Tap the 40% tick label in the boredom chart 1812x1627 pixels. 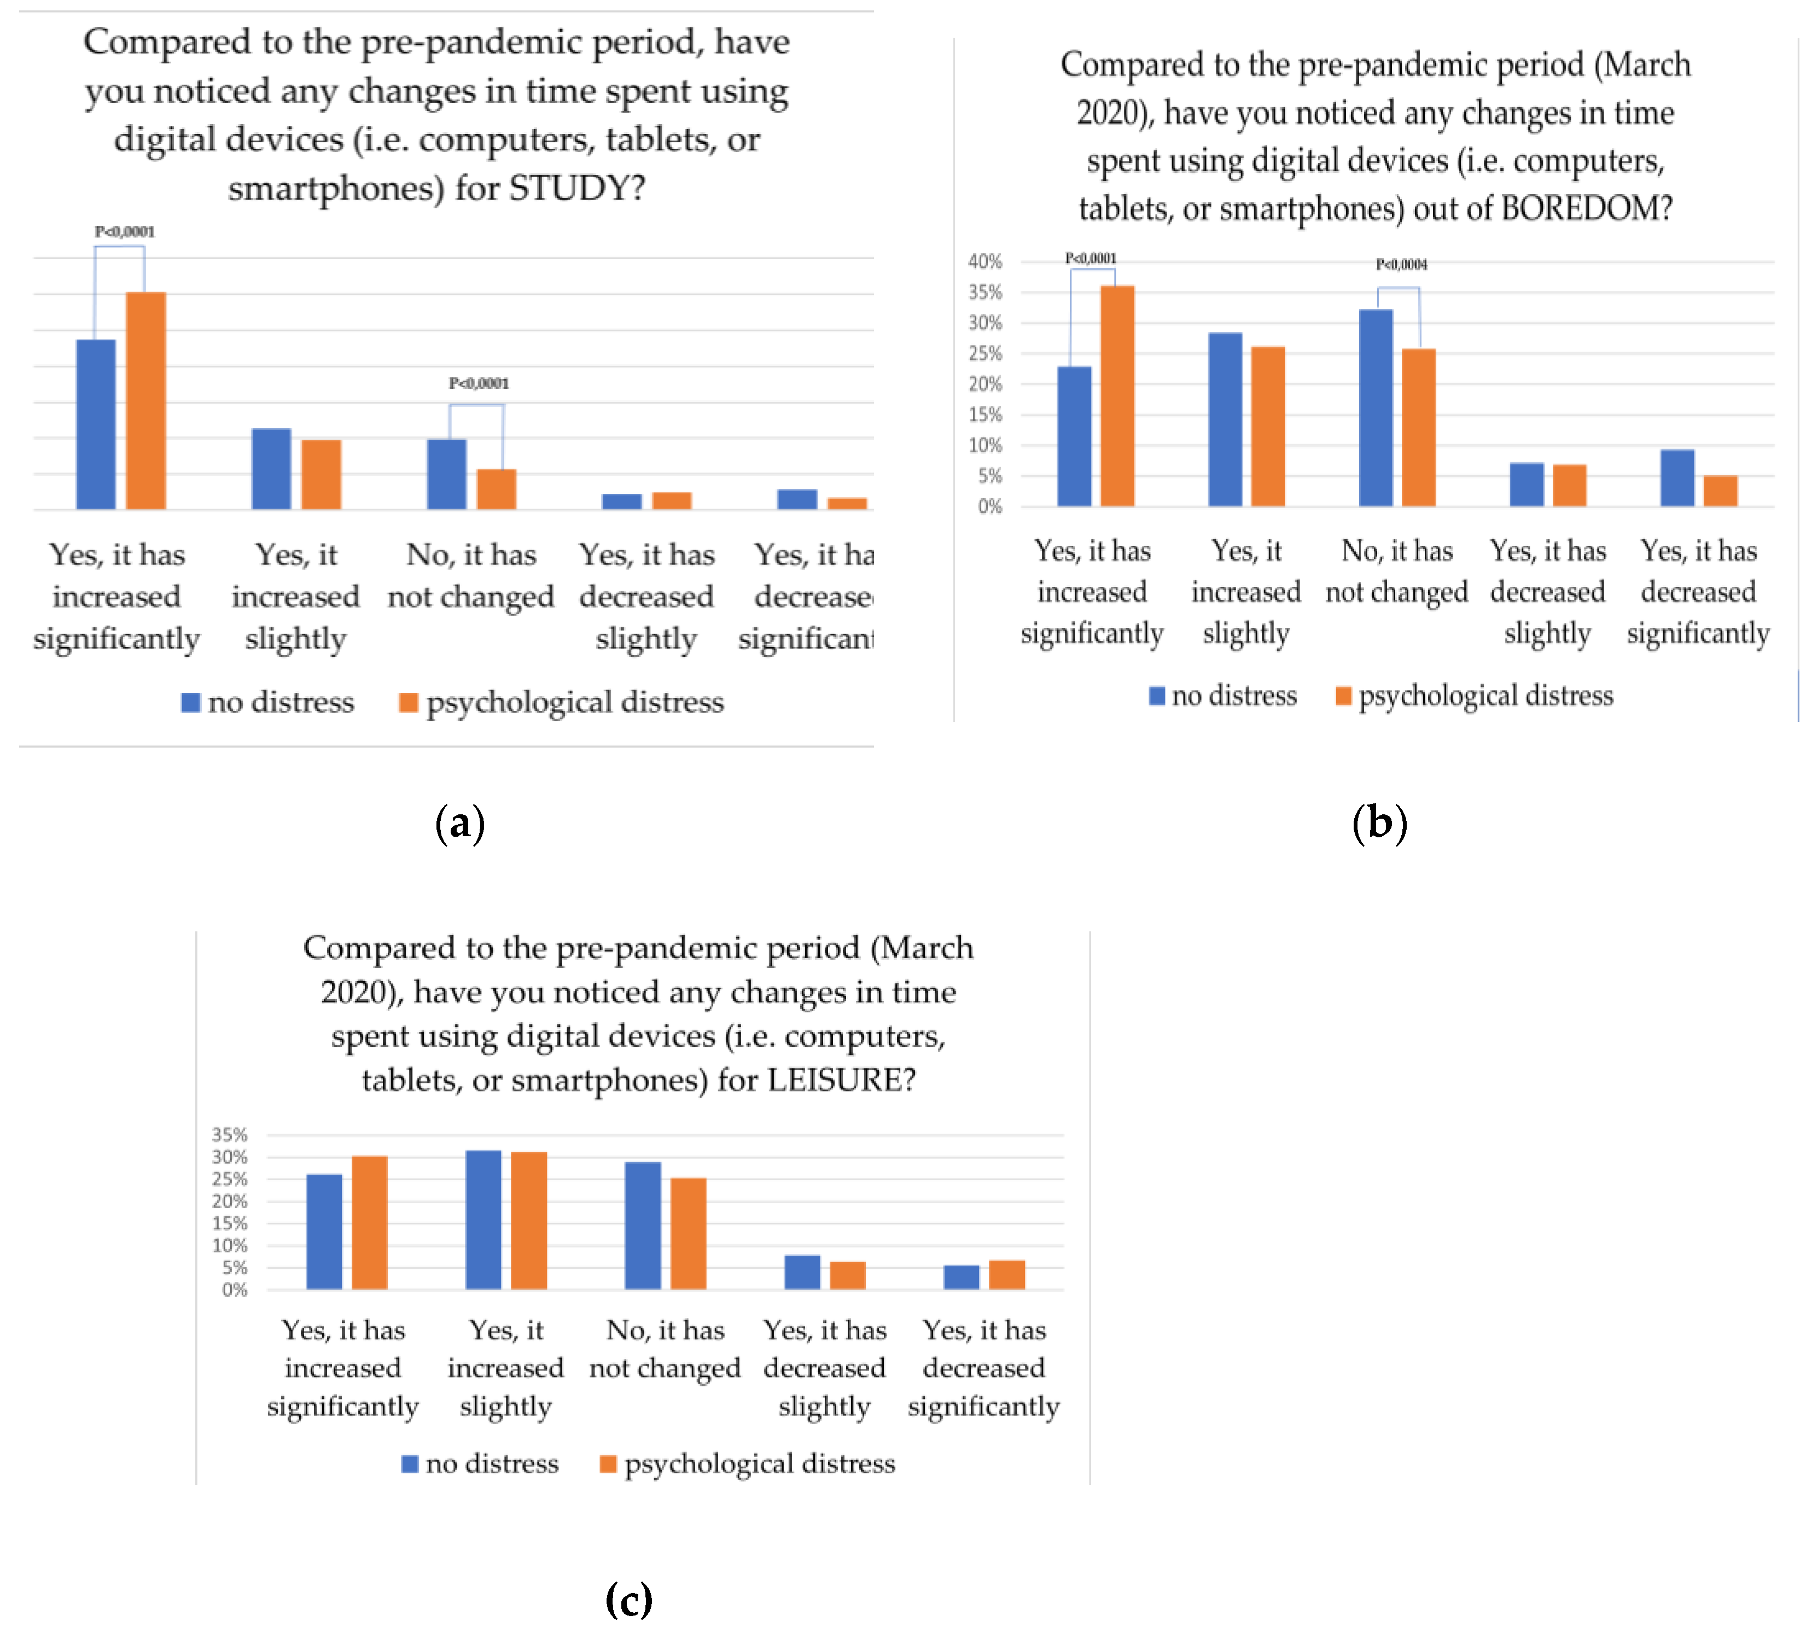[x=984, y=261]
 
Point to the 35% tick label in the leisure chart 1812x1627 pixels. [x=229, y=1134]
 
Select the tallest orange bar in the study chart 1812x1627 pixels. [x=145, y=400]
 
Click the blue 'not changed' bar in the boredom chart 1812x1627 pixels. [x=1375, y=407]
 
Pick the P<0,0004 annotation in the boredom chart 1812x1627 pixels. [x=1401, y=265]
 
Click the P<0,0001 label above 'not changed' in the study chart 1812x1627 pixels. [x=478, y=383]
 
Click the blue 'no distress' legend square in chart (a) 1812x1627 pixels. [x=190, y=703]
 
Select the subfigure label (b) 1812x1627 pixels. [x=1379, y=823]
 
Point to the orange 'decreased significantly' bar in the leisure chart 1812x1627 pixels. [x=1006, y=1275]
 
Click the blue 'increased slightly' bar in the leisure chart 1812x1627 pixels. [x=483, y=1220]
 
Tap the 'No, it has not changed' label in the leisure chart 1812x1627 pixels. [x=665, y=1349]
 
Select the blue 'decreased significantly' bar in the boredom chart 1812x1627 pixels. [x=1677, y=479]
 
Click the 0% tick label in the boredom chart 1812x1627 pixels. [x=989, y=507]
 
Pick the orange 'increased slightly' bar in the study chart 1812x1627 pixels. [x=321, y=475]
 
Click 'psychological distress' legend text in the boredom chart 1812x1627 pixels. [x=1485, y=696]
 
